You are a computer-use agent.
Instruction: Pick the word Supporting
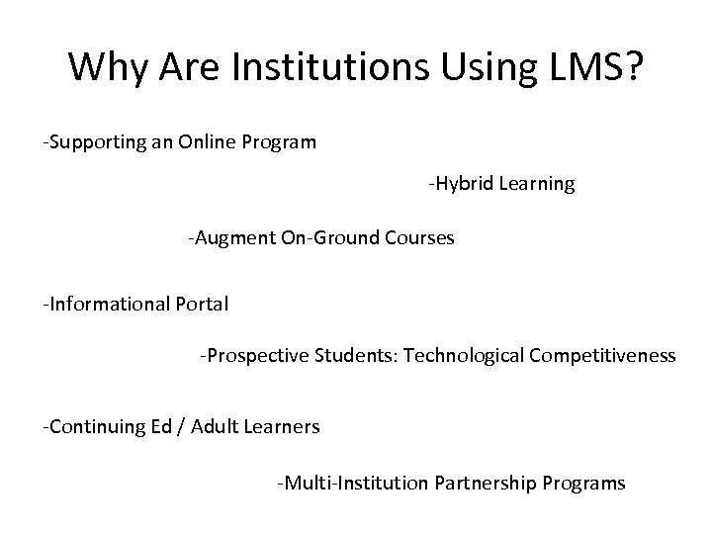96,141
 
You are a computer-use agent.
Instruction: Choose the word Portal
202,304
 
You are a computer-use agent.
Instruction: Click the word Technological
449,355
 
